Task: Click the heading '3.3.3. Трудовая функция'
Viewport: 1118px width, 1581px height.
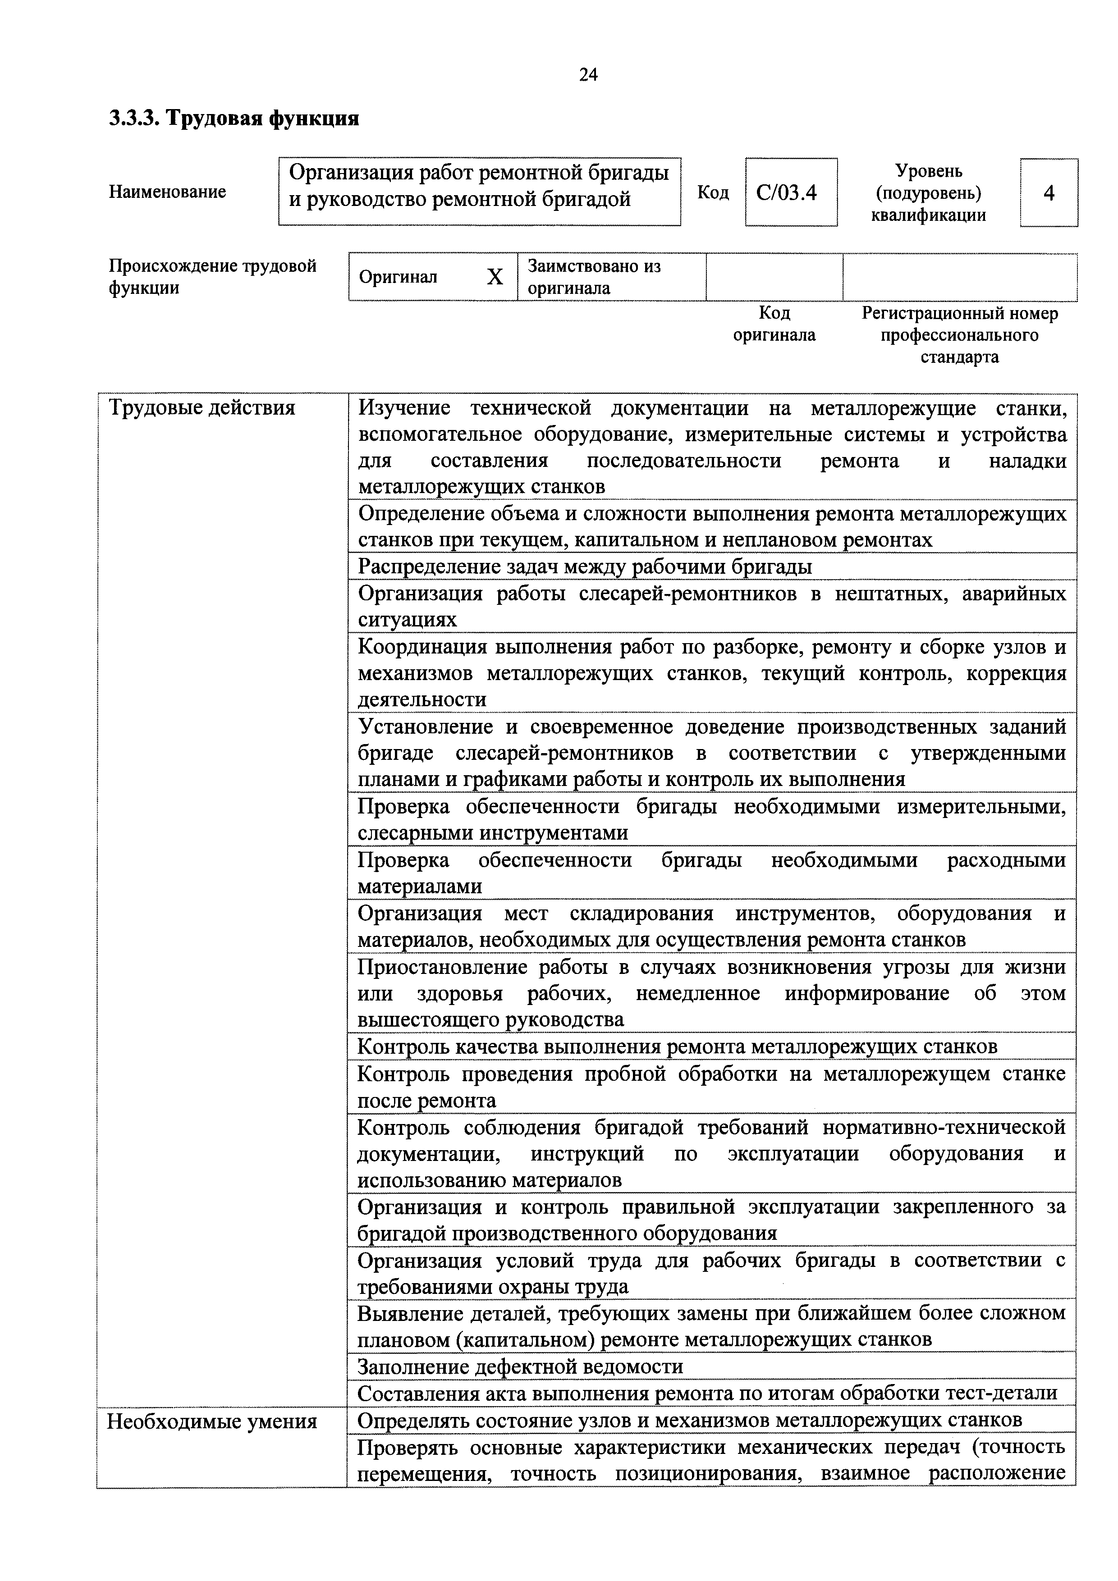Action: [x=234, y=119]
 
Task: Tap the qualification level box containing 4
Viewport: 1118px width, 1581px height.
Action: [x=1049, y=193]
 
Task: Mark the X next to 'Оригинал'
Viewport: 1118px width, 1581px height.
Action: [x=495, y=277]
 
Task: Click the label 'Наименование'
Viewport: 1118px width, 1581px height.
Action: [x=167, y=192]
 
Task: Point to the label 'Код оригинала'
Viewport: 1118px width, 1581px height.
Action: [x=774, y=324]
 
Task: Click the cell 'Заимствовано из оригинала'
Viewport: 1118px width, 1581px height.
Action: [x=594, y=277]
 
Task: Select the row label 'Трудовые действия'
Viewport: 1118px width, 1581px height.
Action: [x=202, y=408]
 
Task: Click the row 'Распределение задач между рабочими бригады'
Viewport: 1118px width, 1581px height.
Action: [x=585, y=567]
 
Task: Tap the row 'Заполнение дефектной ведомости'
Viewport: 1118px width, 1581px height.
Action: [x=520, y=1366]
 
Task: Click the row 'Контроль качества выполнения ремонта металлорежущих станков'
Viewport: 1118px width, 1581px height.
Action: [x=677, y=1046]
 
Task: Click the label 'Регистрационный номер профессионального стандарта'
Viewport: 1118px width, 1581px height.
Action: [x=960, y=335]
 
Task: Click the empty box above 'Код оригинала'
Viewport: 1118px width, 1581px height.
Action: [x=774, y=277]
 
